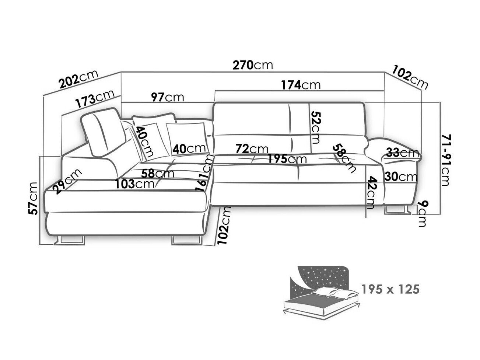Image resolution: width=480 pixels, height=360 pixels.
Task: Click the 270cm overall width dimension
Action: [253, 65]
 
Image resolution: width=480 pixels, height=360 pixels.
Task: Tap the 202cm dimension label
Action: [78, 79]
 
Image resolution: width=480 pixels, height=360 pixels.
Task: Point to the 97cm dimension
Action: [168, 97]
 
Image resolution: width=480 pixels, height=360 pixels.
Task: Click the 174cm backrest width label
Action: [301, 85]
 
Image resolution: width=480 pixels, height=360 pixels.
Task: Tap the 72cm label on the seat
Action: [252, 149]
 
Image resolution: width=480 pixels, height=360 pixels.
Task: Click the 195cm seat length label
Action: [287, 159]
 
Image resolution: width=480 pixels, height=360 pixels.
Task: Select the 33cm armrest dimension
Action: [402, 153]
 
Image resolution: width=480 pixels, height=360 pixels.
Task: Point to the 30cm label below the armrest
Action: [401, 176]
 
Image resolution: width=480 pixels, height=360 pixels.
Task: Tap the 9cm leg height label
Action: [422, 213]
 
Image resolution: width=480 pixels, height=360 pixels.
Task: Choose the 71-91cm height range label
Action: [446, 160]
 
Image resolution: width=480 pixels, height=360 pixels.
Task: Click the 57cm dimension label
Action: [34, 198]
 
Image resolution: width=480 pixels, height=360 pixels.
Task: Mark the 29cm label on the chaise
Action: [67, 181]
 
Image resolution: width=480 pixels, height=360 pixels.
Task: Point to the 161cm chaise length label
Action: [204, 173]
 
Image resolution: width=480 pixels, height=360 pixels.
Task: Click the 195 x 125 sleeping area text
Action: [390, 289]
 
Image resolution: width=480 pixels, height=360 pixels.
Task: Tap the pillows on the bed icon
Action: [335, 293]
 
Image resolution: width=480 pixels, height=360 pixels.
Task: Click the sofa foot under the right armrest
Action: [397, 210]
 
